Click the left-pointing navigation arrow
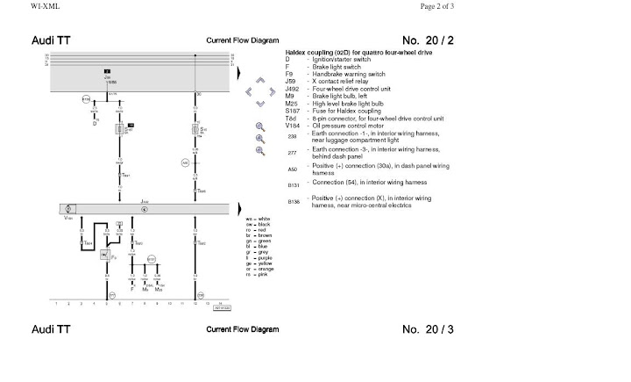tap(249, 90)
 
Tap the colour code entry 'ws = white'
tap(259, 217)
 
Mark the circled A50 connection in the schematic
tap(185, 163)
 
